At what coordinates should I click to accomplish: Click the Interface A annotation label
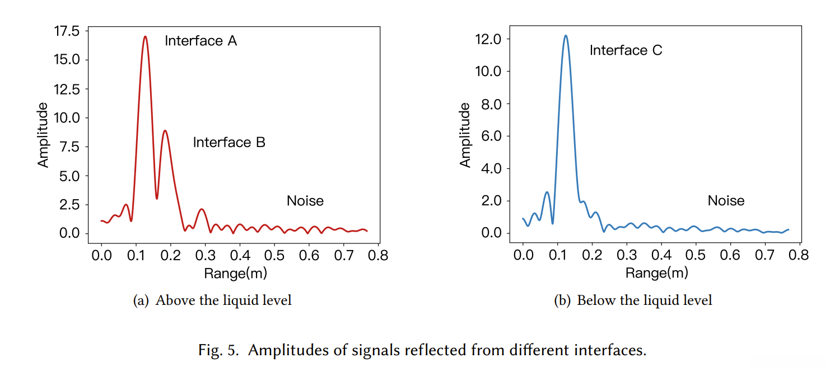tap(200, 41)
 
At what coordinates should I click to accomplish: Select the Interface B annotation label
tap(229, 142)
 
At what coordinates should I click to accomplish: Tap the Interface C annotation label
tap(626, 50)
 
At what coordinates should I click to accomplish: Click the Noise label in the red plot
tap(305, 200)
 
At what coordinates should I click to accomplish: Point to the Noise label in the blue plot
tap(726, 200)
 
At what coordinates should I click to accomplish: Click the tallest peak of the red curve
tap(145, 37)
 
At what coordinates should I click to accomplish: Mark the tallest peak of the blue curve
tap(566, 36)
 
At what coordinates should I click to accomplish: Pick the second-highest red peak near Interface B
tap(165, 131)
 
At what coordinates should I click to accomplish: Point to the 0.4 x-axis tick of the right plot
tap(661, 255)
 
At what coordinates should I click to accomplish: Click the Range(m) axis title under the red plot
tap(235, 273)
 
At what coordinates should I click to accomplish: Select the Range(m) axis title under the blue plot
tap(656, 273)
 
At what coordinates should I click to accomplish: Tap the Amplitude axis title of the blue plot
tap(465, 135)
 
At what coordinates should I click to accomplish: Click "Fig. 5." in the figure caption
tap(220, 351)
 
